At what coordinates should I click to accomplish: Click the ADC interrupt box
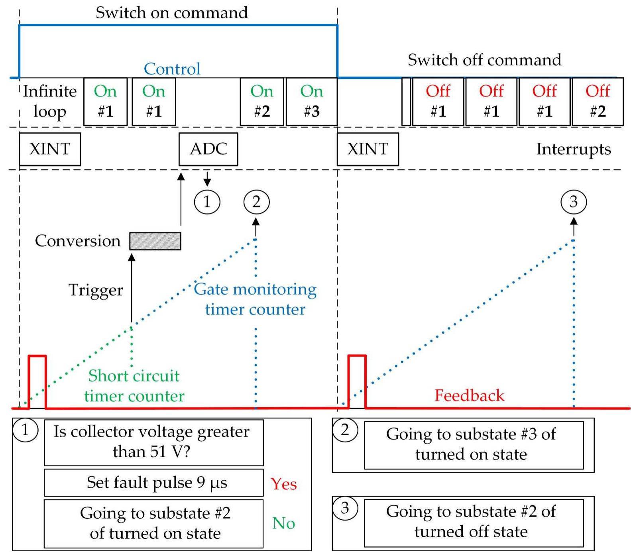point(208,149)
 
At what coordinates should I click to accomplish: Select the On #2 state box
point(262,102)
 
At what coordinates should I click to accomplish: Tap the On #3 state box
point(312,102)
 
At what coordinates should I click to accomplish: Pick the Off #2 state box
point(597,102)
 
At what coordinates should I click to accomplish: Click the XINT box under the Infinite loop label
point(50,149)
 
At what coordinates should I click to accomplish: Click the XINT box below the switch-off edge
point(368,149)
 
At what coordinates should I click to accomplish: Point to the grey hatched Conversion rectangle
point(155,241)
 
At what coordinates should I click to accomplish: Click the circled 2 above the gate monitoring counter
point(256,202)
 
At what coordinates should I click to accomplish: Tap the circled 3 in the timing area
point(573,202)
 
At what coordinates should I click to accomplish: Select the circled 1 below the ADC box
point(207,202)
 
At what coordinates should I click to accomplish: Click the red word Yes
point(283,484)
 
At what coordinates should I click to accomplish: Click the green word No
point(283,523)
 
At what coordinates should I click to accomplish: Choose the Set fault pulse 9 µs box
point(154,483)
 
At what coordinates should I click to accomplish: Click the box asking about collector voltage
point(154,442)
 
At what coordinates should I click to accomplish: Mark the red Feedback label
point(469,395)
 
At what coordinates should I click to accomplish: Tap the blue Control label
point(172,69)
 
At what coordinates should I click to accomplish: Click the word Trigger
point(96,290)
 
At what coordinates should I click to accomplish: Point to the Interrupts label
point(573,149)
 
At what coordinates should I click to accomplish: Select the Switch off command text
point(484,60)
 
